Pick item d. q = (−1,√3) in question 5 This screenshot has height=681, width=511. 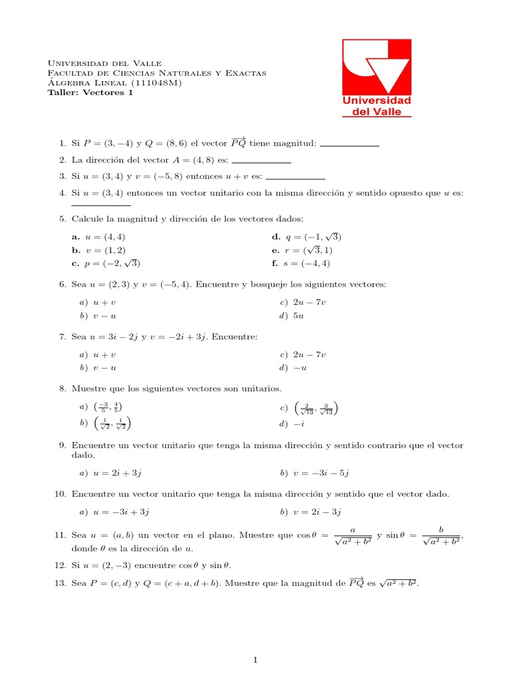pyautogui.click(x=306, y=237)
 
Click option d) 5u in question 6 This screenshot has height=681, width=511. pyautogui.click(x=292, y=316)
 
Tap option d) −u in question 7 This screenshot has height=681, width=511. pyautogui.click(x=293, y=368)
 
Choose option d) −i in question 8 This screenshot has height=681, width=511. pyautogui.click(x=292, y=424)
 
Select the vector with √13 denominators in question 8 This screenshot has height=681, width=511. pyautogui.click(x=316, y=408)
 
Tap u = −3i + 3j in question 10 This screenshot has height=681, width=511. pyautogui.click(x=114, y=511)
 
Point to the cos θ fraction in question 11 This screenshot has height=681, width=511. pyautogui.click(x=353, y=537)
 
